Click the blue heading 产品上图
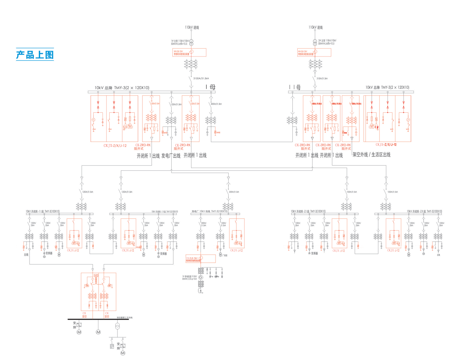point(35,55)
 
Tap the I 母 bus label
point(211,87)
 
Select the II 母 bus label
point(295,87)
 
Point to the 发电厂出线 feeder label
point(171,156)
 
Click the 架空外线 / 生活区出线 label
point(371,155)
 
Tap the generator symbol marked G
point(201,277)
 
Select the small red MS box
point(96,275)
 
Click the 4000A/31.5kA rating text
point(216,104)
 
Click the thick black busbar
point(92,319)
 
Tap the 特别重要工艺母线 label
point(125,318)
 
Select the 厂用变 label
point(225,255)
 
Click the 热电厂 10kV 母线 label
point(210,211)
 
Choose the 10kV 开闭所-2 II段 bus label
point(424,211)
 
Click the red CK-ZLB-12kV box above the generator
point(201,259)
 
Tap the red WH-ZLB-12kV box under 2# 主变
point(314,53)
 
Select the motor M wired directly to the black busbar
point(98,332)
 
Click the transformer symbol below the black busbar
point(117,326)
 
